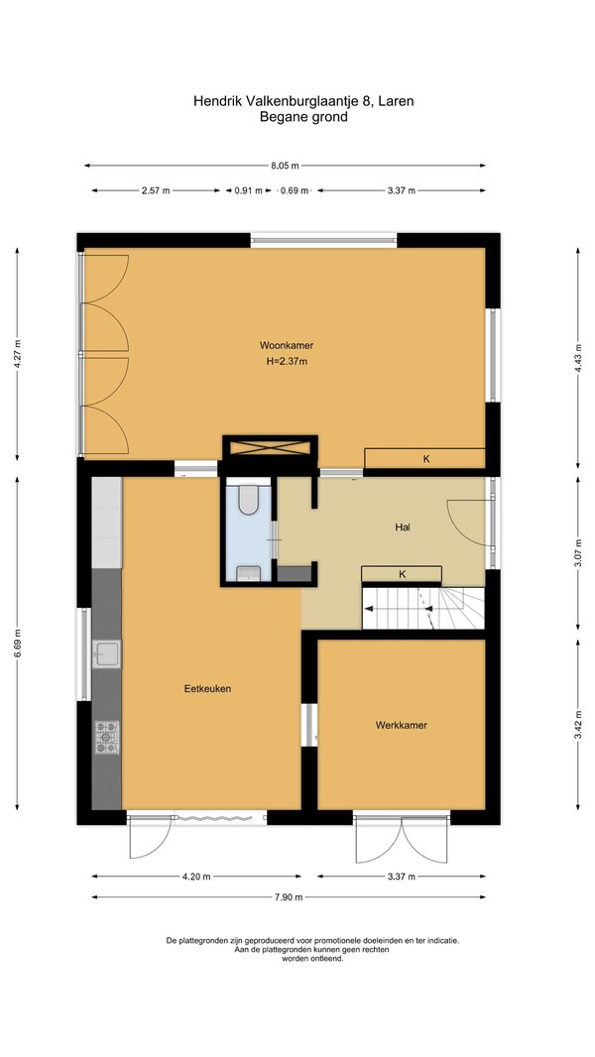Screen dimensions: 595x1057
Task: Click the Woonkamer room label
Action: (287, 345)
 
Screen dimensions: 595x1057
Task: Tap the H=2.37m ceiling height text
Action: (287, 361)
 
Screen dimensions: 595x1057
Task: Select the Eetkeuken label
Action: (207, 689)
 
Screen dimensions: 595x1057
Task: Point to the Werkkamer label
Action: (401, 726)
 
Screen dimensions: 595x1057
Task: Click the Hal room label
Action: (403, 528)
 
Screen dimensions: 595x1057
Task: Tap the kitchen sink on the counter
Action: (106, 653)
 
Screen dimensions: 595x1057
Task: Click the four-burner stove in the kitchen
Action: (106, 737)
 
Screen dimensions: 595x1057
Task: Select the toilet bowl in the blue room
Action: (249, 500)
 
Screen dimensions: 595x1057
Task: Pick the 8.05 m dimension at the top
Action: (285, 166)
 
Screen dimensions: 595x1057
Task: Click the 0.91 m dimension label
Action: (248, 190)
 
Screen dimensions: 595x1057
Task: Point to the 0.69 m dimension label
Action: (295, 190)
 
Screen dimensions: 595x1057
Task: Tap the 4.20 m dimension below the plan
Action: (196, 877)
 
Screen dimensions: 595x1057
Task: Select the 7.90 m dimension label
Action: (289, 897)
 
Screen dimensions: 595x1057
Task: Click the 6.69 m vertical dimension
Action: (18, 644)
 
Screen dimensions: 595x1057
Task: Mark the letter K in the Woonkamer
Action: (426, 459)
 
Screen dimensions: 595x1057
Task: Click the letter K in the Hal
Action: (403, 574)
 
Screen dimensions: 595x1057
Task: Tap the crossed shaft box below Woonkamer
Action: (270, 447)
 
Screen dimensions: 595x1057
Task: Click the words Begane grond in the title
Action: (303, 117)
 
